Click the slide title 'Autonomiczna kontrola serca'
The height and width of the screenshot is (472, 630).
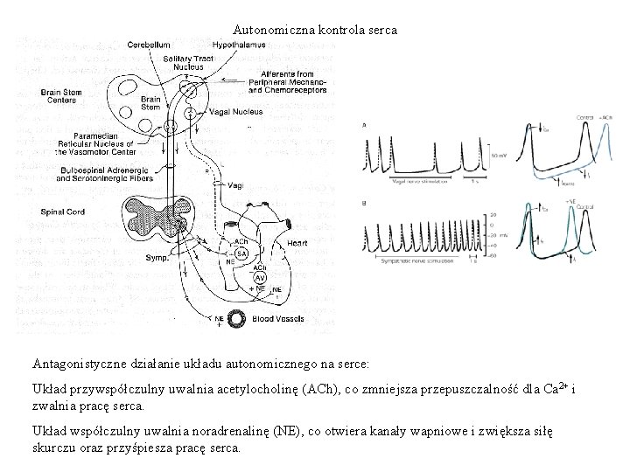(314, 30)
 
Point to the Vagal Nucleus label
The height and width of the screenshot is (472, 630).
(233, 112)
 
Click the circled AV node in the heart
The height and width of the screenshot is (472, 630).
(262, 278)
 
